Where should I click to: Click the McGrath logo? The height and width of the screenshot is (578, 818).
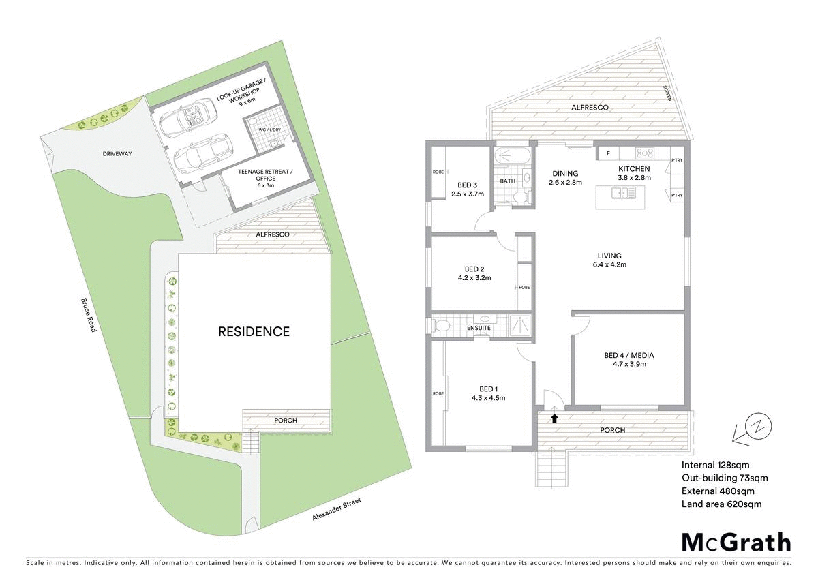click(736, 543)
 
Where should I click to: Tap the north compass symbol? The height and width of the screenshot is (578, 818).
click(756, 427)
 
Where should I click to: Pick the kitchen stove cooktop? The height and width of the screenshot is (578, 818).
click(645, 153)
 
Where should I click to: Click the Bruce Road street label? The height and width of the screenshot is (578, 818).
click(89, 314)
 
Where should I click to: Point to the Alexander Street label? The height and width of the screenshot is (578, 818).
click(336, 510)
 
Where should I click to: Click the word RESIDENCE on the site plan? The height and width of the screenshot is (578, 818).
click(254, 332)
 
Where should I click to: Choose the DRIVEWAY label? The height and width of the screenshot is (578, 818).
click(117, 154)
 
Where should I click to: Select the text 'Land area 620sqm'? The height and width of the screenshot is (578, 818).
click(721, 504)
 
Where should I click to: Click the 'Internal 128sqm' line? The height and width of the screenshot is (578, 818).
click(716, 465)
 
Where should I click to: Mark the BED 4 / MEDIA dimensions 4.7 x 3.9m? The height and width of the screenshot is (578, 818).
click(629, 364)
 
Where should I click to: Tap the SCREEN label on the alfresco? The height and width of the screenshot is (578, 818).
click(669, 94)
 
